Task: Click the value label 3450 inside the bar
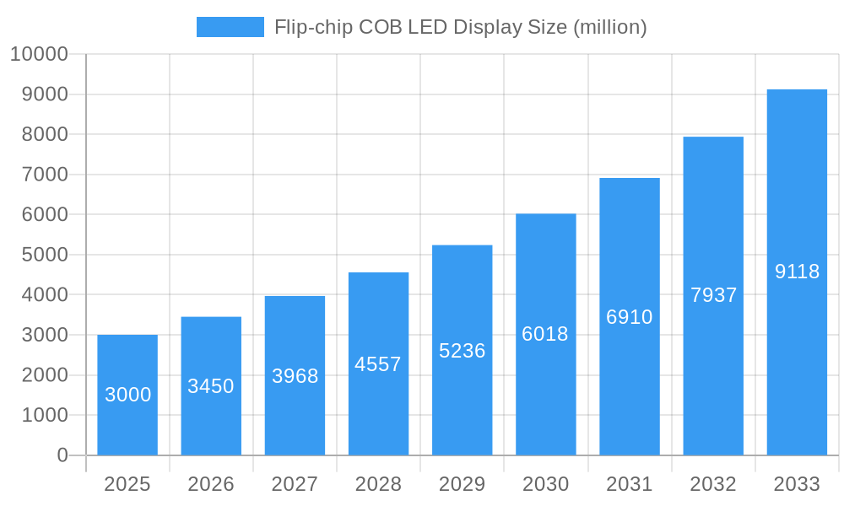211,386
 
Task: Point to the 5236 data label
463,351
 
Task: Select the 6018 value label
545,334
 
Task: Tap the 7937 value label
713,295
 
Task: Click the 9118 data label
797,272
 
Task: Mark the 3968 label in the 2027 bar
295,376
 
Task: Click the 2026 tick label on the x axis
211,484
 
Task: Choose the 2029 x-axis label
463,484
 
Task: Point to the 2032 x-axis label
713,484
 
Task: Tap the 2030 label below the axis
545,484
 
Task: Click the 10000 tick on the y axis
39,54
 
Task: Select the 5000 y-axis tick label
44,255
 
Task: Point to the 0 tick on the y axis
62,455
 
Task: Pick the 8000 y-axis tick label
44,134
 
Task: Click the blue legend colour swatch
230,27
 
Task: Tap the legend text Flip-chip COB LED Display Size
460,27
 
